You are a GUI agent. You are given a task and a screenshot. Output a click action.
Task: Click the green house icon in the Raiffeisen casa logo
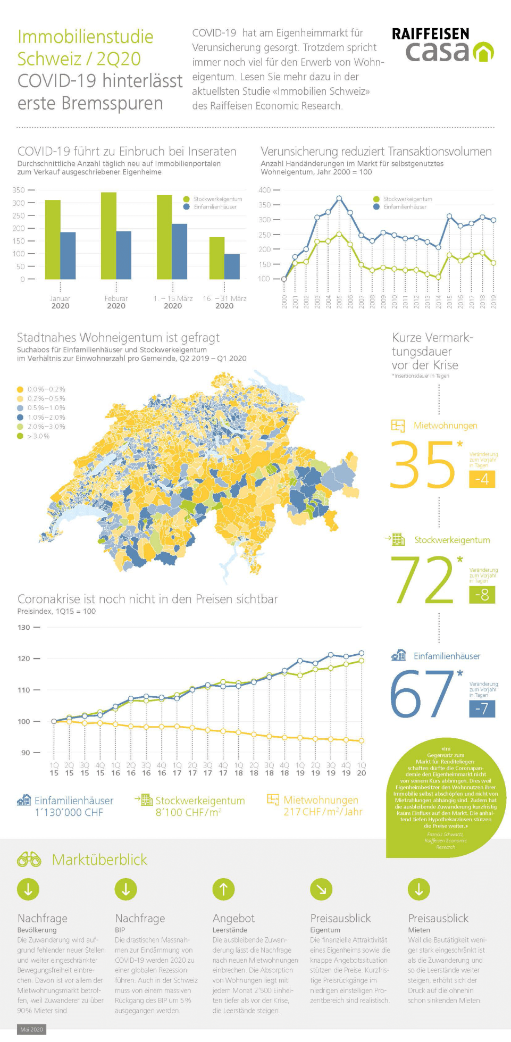pyautogui.click(x=483, y=52)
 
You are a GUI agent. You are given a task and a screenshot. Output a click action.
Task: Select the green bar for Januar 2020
pyautogui.click(x=53, y=239)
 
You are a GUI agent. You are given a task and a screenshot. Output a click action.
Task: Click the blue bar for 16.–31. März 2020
pyautogui.click(x=232, y=266)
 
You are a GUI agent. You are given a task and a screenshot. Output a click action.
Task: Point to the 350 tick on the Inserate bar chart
pyautogui.click(x=19, y=190)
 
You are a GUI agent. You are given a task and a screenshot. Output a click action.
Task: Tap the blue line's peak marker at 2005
pyautogui.click(x=339, y=198)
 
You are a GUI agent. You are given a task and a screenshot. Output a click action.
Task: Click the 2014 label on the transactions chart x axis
pyautogui.click(x=439, y=302)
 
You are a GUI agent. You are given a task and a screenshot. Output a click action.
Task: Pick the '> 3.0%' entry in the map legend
pyautogui.click(x=38, y=436)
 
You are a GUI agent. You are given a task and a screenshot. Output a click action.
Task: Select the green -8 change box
pyautogui.click(x=482, y=594)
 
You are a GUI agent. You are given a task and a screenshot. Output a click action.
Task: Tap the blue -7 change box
pyautogui.click(x=482, y=708)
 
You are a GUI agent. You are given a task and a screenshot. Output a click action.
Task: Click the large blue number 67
pyautogui.click(x=423, y=694)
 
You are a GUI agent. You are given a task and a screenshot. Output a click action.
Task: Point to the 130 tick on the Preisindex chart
pyautogui.click(x=24, y=627)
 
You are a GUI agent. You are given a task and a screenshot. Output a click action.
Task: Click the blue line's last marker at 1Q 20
pyautogui.click(x=362, y=653)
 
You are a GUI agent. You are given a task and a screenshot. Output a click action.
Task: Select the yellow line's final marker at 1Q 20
pyautogui.click(x=362, y=740)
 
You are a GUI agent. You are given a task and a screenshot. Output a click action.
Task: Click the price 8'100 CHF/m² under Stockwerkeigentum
pyautogui.click(x=188, y=812)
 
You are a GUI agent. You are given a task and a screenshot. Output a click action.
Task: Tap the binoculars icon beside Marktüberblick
pyautogui.click(x=29, y=859)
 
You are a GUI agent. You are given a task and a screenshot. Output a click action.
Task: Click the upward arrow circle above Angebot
pyautogui.click(x=223, y=889)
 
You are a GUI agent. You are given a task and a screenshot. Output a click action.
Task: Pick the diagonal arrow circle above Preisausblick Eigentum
pyautogui.click(x=321, y=889)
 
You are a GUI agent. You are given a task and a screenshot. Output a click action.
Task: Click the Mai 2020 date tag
pyautogui.click(x=31, y=1029)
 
